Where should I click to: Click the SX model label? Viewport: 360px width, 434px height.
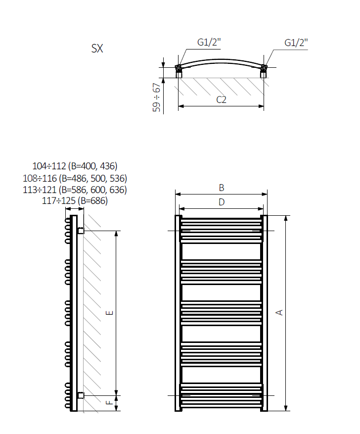point(97,48)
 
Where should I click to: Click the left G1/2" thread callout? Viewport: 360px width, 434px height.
point(209,42)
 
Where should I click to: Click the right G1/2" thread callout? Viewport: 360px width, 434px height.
point(296,43)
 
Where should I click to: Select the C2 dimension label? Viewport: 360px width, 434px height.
point(221,99)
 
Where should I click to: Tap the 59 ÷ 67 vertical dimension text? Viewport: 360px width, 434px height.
point(156,97)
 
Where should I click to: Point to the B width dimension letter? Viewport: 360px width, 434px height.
point(222,188)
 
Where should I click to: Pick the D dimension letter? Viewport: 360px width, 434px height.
point(222,202)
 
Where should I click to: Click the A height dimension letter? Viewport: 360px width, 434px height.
point(279,312)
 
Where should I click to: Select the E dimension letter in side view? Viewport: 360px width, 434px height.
point(110,313)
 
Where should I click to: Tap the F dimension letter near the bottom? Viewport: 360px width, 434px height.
point(110,402)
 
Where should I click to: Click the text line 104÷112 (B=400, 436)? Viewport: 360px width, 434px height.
point(75,166)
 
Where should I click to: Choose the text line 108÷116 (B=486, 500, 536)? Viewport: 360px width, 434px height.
point(75,178)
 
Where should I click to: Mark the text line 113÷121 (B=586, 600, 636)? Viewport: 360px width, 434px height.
point(75,190)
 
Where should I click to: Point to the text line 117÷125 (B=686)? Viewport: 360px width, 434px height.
point(75,201)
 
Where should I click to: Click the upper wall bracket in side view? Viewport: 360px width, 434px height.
point(81,230)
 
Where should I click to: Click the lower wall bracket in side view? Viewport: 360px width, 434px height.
point(81,395)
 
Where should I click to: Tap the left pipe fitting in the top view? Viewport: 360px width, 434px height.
point(179,71)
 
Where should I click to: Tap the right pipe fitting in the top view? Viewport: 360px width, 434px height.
point(264,71)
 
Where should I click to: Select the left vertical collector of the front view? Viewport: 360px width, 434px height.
point(179,313)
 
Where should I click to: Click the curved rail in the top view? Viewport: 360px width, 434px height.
point(221,60)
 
